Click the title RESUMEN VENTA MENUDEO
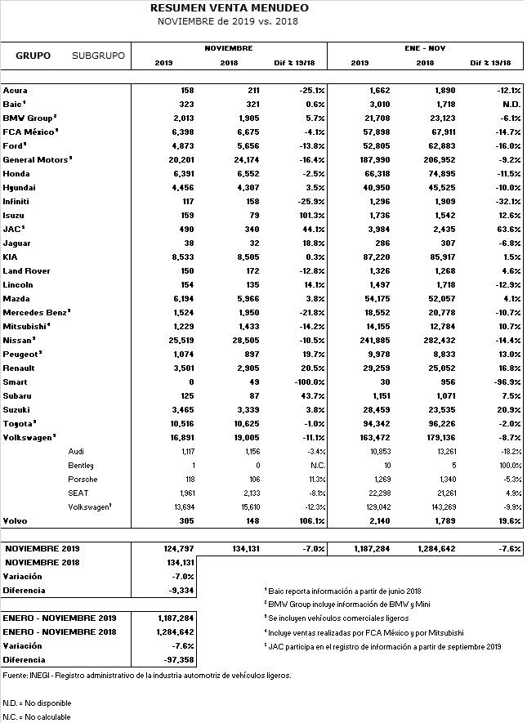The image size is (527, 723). [x=230, y=8]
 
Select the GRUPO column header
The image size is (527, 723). [x=33, y=56]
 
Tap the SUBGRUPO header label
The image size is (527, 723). [x=98, y=56]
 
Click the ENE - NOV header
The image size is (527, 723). [x=424, y=48]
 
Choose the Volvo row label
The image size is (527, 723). [x=15, y=520]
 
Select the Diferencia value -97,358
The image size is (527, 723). [x=176, y=659]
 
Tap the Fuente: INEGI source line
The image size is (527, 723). [x=147, y=676]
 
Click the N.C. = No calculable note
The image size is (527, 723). [x=37, y=716]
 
